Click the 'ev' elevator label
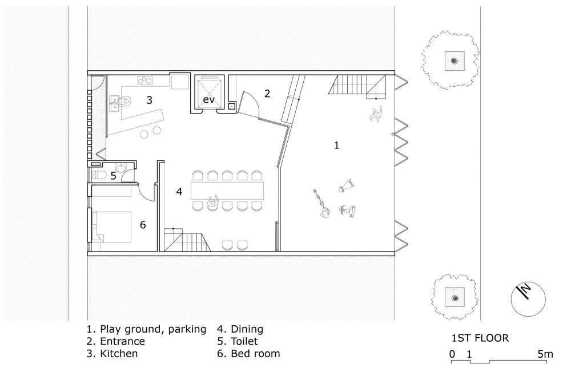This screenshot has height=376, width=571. (208, 99)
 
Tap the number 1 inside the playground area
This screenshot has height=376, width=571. (336, 145)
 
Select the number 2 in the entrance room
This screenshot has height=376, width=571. (267, 94)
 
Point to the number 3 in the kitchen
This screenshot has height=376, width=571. (149, 100)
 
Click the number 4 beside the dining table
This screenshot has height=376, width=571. (179, 192)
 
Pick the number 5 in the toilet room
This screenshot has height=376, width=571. (113, 176)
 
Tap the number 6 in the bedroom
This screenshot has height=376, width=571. (143, 225)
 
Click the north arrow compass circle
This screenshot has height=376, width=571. (528, 299)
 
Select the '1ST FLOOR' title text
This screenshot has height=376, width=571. (480, 338)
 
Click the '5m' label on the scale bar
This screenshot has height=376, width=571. (545, 354)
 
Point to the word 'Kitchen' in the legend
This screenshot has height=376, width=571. (119, 353)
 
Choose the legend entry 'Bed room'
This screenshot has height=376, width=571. (255, 353)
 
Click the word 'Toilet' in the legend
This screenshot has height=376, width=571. (244, 341)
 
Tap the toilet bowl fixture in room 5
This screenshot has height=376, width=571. (99, 175)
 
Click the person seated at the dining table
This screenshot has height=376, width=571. (212, 203)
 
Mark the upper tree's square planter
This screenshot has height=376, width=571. (455, 61)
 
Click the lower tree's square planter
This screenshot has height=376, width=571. (455, 298)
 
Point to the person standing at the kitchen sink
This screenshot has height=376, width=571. (126, 100)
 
